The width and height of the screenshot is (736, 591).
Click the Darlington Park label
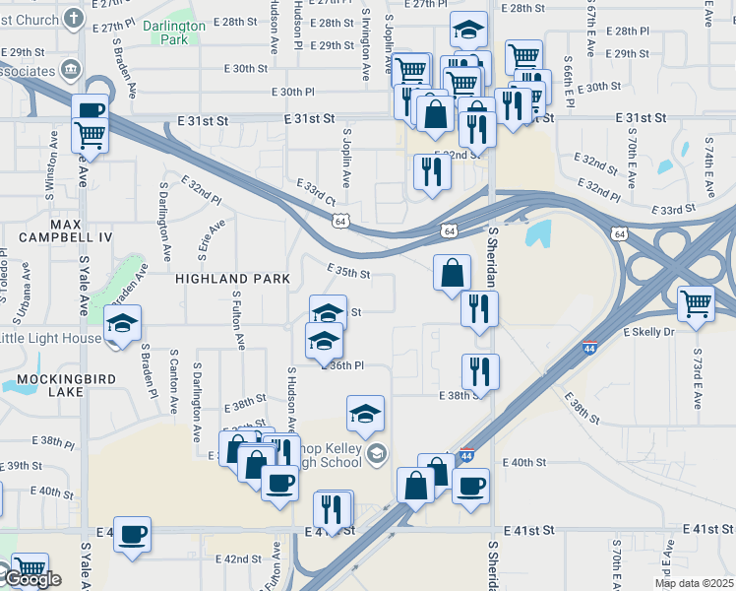tap(173, 33)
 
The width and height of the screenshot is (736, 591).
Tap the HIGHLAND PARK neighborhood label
tap(233, 279)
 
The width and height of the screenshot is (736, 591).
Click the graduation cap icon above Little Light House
tap(123, 323)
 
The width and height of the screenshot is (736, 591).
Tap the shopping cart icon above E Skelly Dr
tap(696, 302)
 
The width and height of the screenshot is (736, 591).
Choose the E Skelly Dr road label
tap(648, 333)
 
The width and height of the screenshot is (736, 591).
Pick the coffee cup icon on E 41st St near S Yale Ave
tap(132, 534)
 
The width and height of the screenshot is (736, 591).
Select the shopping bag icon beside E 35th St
tap(452, 272)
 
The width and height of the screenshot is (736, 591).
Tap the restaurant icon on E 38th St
tap(480, 371)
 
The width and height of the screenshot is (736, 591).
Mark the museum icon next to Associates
tap(71, 68)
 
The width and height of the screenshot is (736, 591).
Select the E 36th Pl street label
tap(345, 365)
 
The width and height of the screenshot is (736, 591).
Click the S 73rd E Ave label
tap(697, 378)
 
